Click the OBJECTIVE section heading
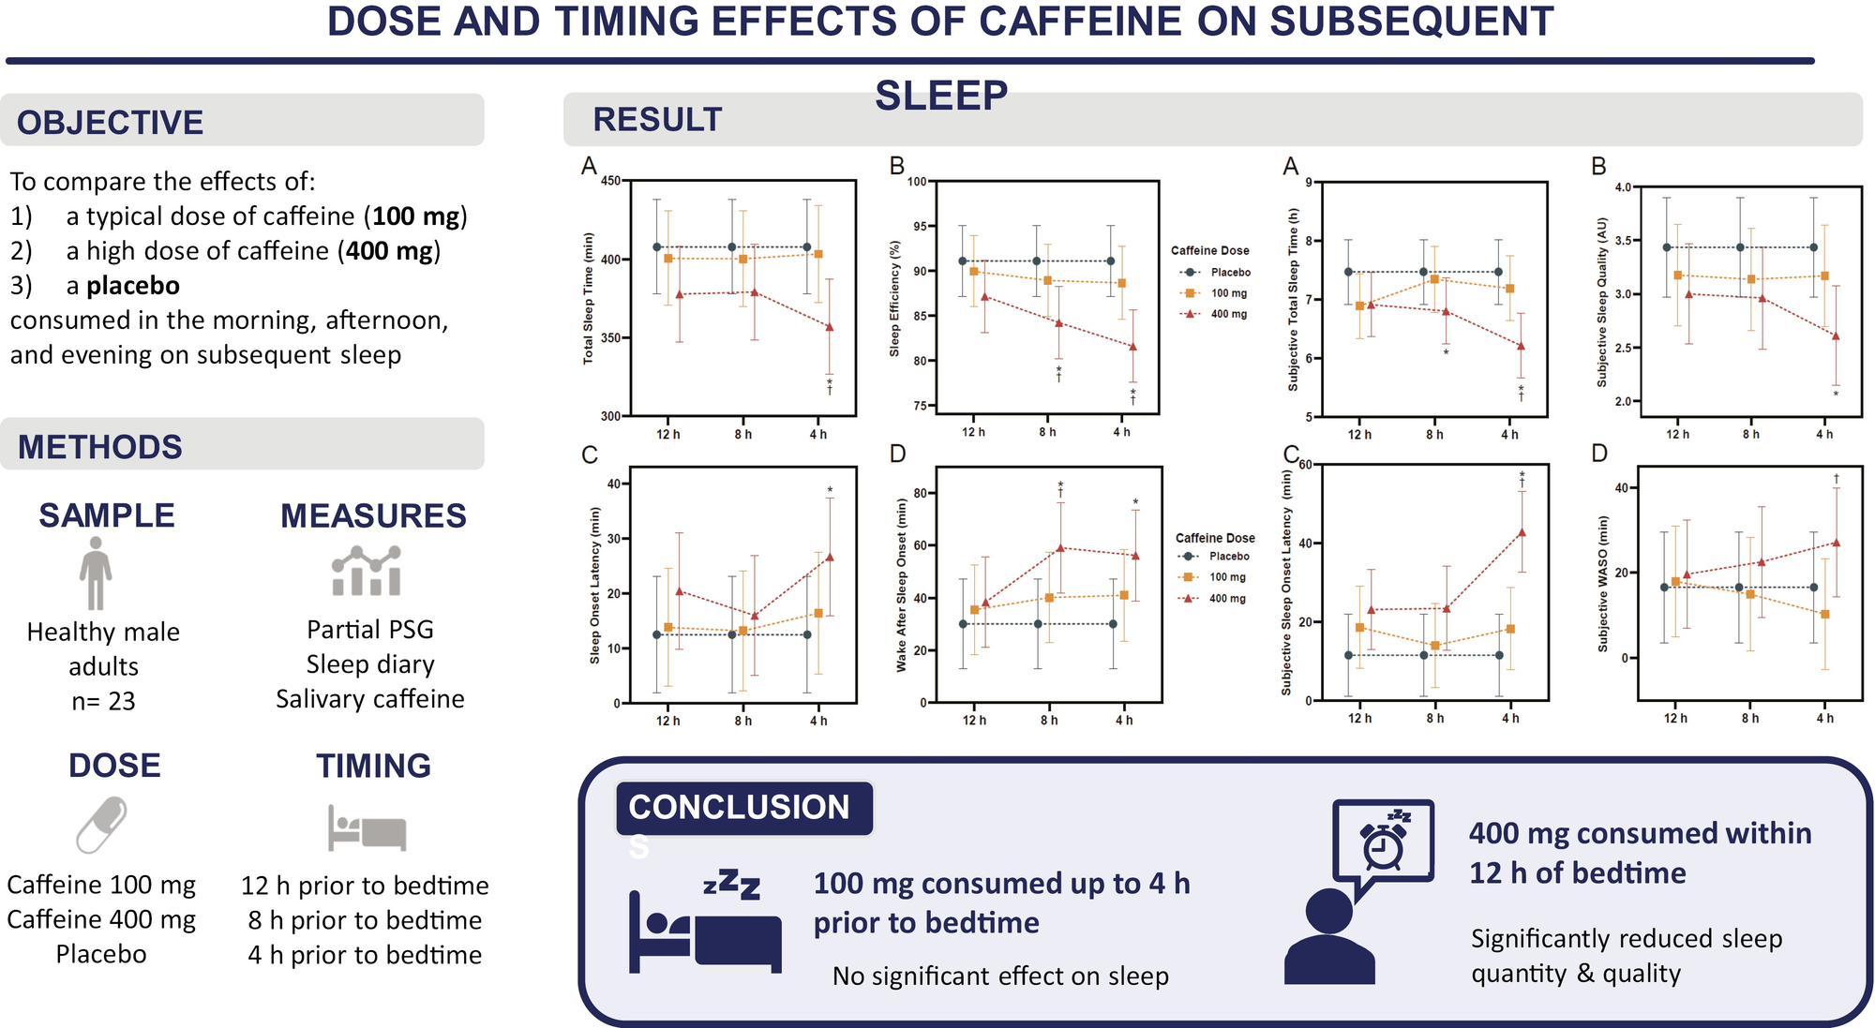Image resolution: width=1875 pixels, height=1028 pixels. click(x=110, y=122)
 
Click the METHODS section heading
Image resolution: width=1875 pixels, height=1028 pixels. click(x=100, y=447)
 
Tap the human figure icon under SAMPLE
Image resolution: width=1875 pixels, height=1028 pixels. click(x=96, y=573)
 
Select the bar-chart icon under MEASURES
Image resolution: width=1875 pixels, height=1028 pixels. click(x=367, y=572)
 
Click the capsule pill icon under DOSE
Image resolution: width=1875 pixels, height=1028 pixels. click(x=102, y=824)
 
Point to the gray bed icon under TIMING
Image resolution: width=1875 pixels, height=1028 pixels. click(x=367, y=827)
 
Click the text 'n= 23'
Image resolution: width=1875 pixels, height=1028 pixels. click(x=103, y=701)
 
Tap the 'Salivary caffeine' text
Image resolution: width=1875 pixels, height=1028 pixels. click(x=369, y=699)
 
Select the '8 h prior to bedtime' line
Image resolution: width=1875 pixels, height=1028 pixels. click(x=365, y=920)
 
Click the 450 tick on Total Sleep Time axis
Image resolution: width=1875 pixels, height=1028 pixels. click(x=610, y=181)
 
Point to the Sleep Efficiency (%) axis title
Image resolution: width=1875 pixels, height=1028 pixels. click(x=894, y=297)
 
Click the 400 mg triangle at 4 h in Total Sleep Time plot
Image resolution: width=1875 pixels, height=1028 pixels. click(x=829, y=327)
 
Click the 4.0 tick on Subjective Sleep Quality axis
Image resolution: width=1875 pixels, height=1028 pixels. click(x=1623, y=187)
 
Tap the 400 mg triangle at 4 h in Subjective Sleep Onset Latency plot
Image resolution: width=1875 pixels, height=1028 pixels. click(x=1522, y=532)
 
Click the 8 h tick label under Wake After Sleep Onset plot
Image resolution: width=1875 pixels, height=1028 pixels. click(x=1048, y=721)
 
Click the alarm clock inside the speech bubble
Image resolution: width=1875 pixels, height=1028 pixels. click(x=1383, y=845)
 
